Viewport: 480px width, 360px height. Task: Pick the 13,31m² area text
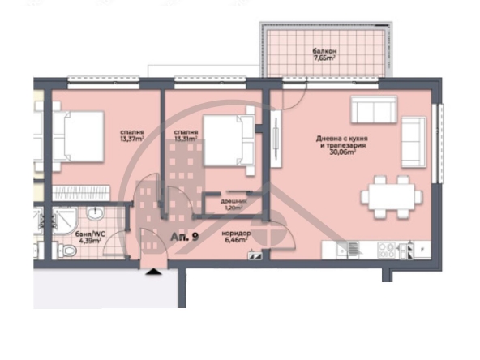tap(186, 138)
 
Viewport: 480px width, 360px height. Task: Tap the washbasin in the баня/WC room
tap(95, 213)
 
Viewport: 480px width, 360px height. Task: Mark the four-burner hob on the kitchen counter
tap(387, 249)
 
